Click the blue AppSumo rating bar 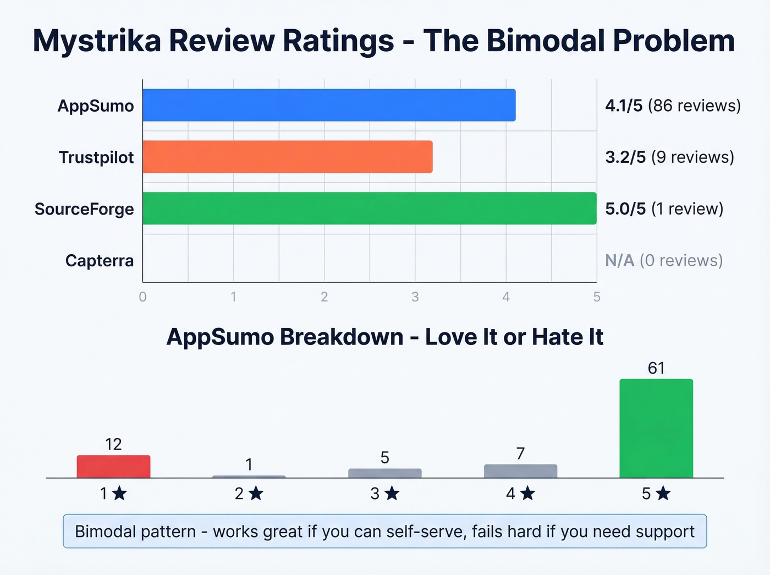[329, 105]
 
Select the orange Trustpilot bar [287, 157]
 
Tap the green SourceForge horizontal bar [369, 209]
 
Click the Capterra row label [99, 260]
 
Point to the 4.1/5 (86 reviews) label [673, 105]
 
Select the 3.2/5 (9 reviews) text [669, 157]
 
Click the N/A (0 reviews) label [664, 260]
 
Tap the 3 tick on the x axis [415, 297]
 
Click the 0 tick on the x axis [143, 297]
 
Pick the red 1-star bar [113, 467]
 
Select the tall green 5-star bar [656, 428]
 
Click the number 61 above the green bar [656, 368]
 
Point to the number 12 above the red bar [113, 444]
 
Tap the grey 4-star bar [520, 471]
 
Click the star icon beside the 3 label [392, 494]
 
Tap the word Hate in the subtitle [559, 337]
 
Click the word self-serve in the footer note [426, 532]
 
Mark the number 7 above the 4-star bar [520, 453]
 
